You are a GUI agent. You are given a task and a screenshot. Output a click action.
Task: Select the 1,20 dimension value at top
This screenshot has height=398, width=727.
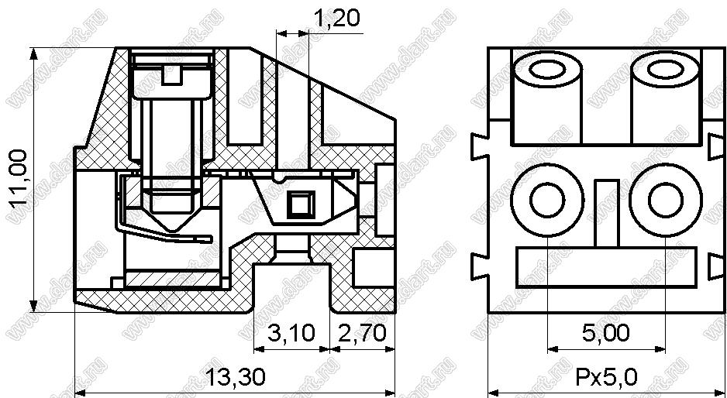click(336, 18)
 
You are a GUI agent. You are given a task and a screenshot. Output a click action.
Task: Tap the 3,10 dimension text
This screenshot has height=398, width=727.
click(291, 333)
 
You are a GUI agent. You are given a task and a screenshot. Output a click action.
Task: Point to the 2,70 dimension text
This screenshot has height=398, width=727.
click(363, 333)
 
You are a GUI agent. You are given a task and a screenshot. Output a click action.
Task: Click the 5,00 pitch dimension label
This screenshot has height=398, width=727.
click(606, 333)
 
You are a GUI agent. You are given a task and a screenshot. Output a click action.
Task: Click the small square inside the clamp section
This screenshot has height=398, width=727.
click(301, 203)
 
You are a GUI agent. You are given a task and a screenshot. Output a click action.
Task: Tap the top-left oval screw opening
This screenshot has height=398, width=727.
click(547, 71)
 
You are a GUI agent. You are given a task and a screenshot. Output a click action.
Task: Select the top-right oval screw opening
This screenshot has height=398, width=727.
click(666, 71)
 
